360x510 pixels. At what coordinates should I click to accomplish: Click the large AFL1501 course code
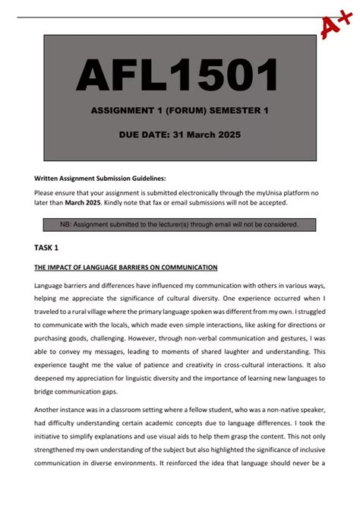point(178,76)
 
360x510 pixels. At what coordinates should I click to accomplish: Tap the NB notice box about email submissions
point(179,224)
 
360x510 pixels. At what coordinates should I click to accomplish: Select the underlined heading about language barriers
point(126,268)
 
